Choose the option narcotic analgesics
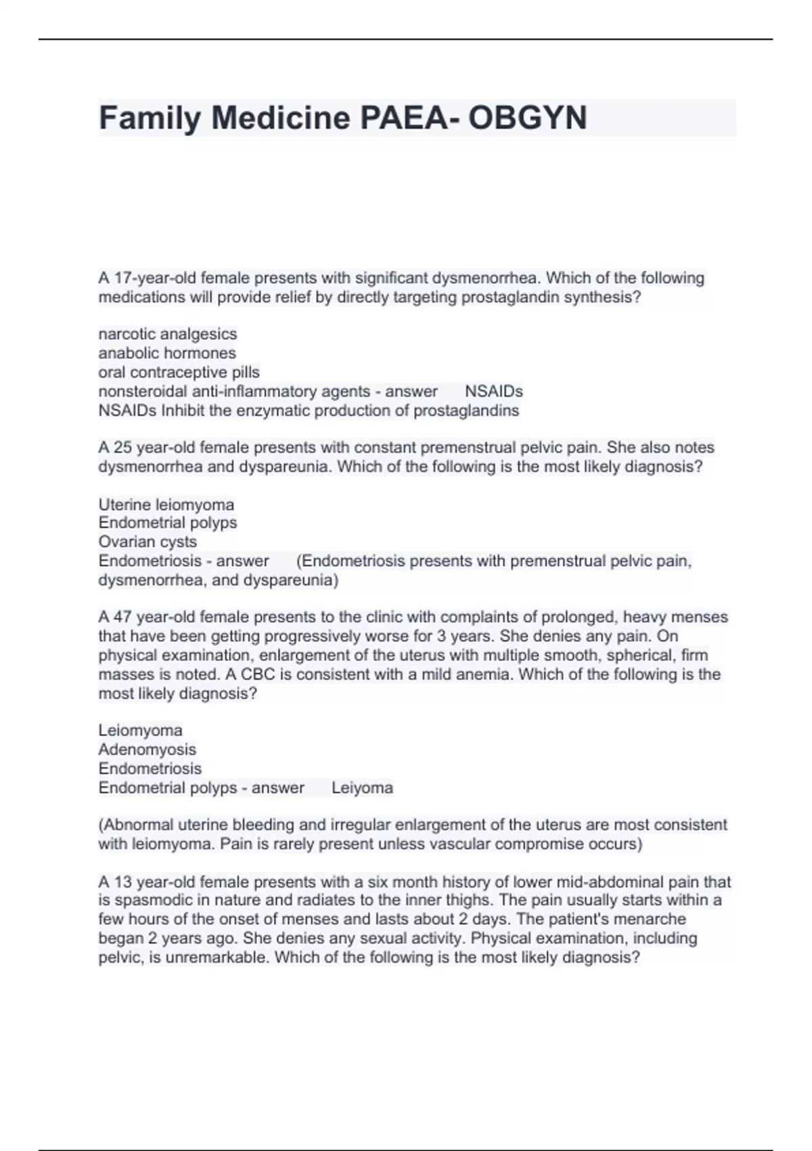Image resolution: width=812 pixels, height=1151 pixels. [168, 334]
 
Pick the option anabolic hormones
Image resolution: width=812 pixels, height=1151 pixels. [167, 353]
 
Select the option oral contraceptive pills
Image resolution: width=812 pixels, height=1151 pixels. [179, 372]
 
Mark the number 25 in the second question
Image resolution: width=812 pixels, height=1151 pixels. [122, 448]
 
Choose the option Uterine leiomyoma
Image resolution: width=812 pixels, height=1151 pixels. [166, 504]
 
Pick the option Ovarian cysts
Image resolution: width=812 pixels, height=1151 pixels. [148, 542]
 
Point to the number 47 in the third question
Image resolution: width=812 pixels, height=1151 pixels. [122, 617]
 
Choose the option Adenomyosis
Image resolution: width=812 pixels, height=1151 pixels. [147, 750]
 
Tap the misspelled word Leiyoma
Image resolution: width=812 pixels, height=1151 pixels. [362, 788]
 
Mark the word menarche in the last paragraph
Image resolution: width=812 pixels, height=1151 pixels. [654, 919]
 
